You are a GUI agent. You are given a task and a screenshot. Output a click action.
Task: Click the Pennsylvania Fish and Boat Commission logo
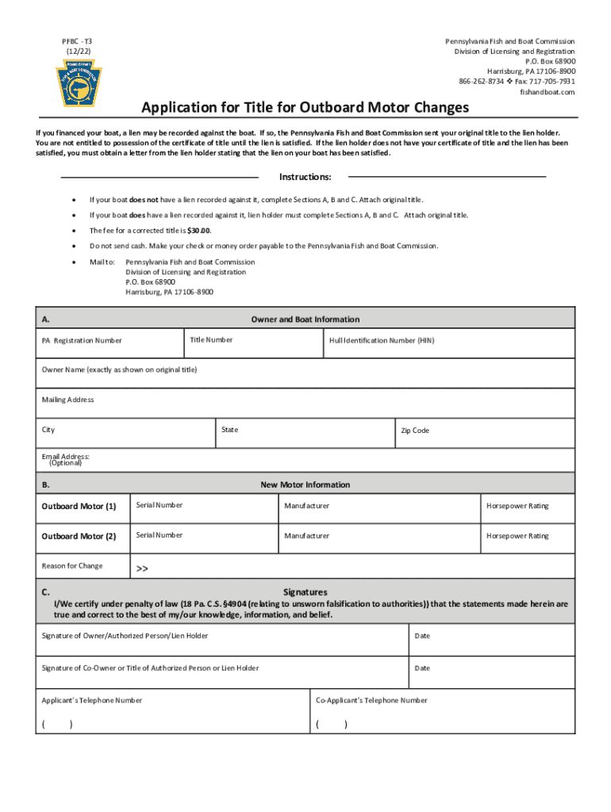[x=78, y=82]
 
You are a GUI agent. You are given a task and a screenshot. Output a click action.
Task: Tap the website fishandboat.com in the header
[x=547, y=92]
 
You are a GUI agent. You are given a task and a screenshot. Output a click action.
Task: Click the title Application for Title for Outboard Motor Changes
[x=305, y=107]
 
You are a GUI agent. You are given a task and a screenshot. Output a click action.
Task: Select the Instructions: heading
[x=305, y=177]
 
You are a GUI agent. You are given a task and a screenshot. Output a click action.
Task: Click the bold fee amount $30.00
[x=198, y=230]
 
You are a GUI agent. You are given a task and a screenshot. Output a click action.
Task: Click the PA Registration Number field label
[x=82, y=341]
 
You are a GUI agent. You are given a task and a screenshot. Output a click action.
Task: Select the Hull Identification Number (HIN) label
[x=382, y=340]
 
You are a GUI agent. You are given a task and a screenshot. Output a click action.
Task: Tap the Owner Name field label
[x=119, y=370]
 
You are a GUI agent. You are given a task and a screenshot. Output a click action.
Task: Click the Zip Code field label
[x=414, y=431]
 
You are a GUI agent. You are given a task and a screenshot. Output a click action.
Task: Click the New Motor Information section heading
[x=305, y=485]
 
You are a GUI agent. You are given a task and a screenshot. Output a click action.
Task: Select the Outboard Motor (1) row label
[x=79, y=506]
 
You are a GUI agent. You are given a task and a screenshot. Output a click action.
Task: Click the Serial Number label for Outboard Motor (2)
[x=159, y=535]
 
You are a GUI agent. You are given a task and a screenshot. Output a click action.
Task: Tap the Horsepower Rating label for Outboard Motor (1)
[x=517, y=506]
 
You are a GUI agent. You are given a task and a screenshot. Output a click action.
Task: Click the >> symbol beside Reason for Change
[x=142, y=569]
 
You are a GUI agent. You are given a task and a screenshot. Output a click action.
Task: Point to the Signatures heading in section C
[x=305, y=592]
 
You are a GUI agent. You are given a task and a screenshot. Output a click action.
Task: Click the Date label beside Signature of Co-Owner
[x=421, y=668]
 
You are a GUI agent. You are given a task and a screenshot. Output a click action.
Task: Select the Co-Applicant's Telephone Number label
[x=371, y=700]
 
